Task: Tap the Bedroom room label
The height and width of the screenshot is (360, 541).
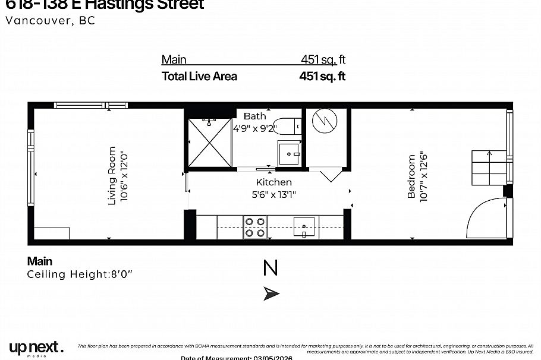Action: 411,176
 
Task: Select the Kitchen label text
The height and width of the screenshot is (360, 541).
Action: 273,182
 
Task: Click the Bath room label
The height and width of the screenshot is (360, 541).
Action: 254,116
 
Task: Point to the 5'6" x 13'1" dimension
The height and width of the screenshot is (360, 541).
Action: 274,194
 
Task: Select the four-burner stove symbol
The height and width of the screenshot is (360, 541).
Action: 255,227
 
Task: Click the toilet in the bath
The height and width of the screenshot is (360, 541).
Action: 291,126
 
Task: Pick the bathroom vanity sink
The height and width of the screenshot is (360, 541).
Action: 290,153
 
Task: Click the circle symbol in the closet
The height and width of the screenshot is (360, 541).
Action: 325,121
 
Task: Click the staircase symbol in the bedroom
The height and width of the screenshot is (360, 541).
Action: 489,168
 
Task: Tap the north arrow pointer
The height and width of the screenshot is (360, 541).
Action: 272,293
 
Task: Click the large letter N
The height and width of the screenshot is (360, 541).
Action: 270,269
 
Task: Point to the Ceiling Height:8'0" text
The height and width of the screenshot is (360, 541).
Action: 80,274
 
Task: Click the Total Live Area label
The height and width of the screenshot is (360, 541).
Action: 199,76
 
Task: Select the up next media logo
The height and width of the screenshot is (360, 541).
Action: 36,348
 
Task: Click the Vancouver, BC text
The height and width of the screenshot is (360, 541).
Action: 50,20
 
